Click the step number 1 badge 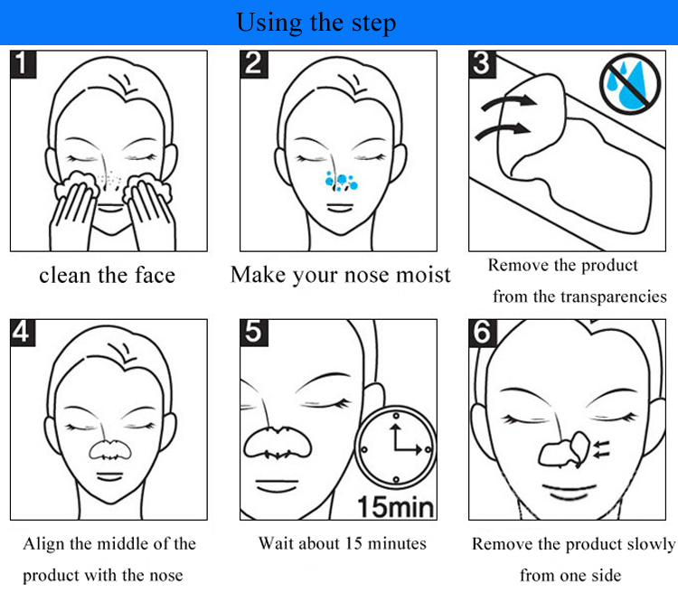24,64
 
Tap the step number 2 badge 254,64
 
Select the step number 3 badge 483,64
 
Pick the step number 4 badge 23,333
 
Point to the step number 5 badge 254,333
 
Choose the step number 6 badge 483,333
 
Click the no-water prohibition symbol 630,84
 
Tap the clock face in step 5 396,448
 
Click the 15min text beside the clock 396,507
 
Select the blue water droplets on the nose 341,181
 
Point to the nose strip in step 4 109,450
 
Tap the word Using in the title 269,23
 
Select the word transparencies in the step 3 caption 614,297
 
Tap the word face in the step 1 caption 155,276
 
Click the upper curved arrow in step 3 509,103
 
